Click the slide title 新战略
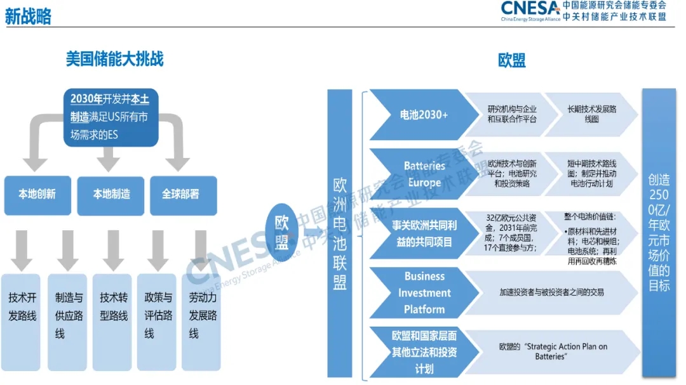(x=28, y=16)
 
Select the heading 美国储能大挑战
(x=114, y=59)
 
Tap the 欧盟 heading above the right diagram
(x=511, y=60)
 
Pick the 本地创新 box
(x=36, y=195)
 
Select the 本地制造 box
(x=111, y=195)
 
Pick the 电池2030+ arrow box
(x=422, y=115)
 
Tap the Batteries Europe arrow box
(x=422, y=174)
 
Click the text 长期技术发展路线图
(x=591, y=114)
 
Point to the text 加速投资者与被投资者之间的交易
(x=551, y=292)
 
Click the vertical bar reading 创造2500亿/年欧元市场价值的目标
(x=659, y=233)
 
